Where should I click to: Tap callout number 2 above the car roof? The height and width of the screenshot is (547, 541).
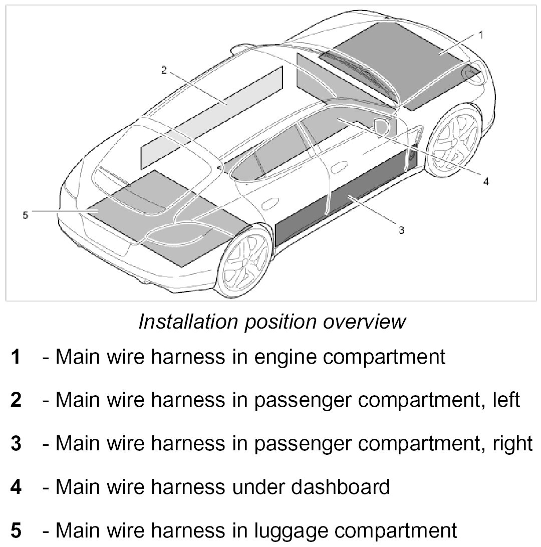[x=163, y=70]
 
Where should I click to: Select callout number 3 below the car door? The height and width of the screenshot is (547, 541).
[x=401, y=230]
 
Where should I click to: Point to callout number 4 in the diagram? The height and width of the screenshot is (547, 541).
[x=485, y=181]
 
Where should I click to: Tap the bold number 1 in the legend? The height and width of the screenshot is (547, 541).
[x=17, y=358]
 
